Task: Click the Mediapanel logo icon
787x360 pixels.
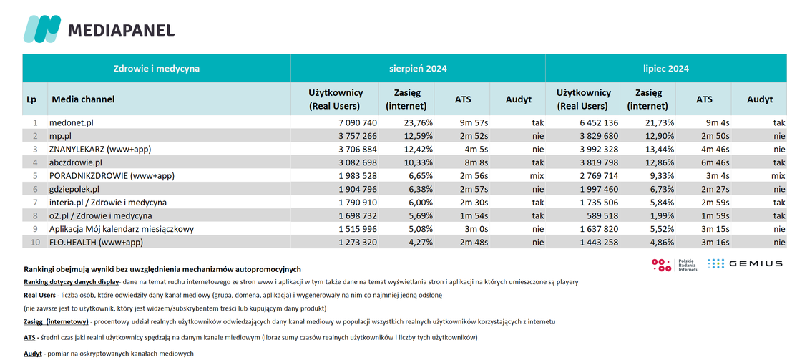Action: [42, 29]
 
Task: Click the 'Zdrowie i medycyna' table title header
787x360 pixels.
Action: [156, 69]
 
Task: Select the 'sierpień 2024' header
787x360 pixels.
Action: [418, 69]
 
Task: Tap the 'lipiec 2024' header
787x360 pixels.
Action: [665, 69]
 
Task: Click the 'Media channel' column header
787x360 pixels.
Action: [83, 99]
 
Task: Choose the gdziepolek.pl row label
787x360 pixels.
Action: [75, 190]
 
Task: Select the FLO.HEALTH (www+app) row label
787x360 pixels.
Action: [97, 243]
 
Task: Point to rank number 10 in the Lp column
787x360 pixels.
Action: [33, 243]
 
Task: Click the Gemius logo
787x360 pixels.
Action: [745, 263]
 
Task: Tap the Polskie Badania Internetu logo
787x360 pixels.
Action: [675, 265]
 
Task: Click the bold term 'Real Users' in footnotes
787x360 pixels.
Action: [39, 296]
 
